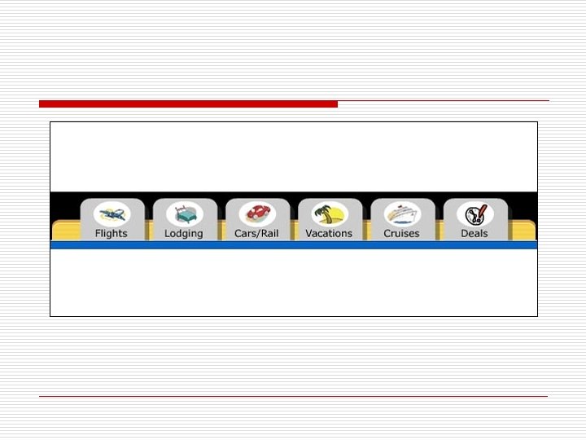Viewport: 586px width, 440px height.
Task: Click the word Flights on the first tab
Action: [112, 233]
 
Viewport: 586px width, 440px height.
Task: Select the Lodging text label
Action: [184, 233]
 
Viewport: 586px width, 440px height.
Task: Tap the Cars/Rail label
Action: [257, 233]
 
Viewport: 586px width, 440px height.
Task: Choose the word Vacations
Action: [329, 233]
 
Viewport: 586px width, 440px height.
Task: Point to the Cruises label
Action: [401, 233]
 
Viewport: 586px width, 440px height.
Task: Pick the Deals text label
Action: [474, 233]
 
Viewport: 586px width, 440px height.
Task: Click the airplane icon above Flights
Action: [112, 214]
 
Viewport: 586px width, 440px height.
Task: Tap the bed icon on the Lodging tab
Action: [184, 214]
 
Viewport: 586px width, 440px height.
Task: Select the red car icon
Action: [257, 214]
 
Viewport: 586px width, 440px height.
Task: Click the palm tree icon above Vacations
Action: [330, 214]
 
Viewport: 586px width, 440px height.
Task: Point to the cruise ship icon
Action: [402, 214]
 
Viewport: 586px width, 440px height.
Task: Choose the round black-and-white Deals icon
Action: [474, 214]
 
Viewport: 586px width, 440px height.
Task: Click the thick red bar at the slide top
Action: [188, 104]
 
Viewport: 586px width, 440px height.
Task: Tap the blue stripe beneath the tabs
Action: [293, 244]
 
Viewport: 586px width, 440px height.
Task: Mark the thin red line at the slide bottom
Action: [293, 397]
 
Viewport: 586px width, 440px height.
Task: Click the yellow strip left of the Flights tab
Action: [65, 231]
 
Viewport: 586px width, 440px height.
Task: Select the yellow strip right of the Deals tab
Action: [523, 231]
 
